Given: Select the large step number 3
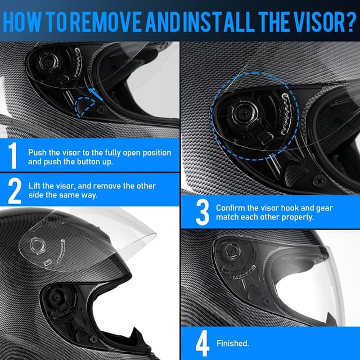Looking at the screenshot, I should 202,212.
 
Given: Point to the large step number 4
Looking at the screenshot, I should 202,343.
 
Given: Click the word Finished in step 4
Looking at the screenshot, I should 233,343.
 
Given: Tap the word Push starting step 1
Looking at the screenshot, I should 37,152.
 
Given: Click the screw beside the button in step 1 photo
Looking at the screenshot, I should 101,110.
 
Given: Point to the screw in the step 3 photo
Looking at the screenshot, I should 319,180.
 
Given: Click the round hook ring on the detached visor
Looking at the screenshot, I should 38,245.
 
